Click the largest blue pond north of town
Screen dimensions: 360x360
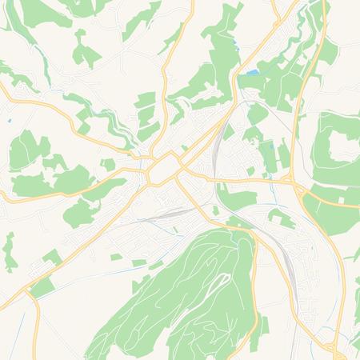(253, 73)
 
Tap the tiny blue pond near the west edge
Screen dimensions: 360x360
(9, 121)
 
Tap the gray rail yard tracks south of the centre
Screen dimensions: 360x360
(172, 213)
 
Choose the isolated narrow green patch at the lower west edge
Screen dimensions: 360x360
(9, 252)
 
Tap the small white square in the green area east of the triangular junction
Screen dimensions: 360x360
(327, 201)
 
